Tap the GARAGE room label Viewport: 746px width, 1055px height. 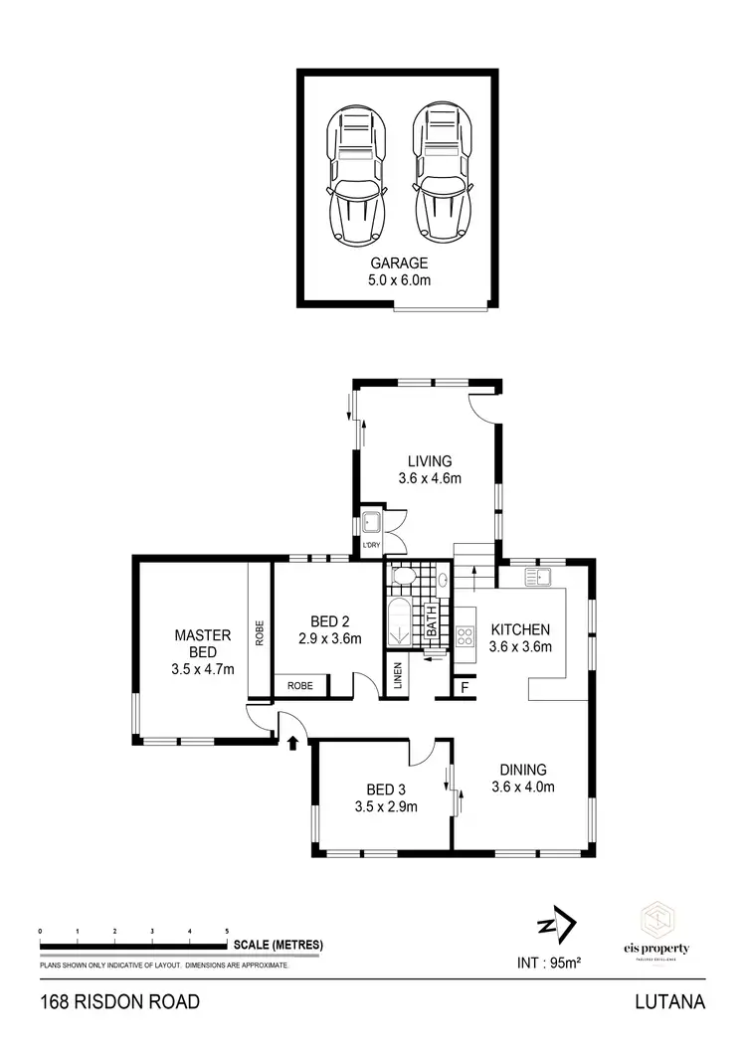399,264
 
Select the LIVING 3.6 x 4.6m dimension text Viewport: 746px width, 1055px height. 430,478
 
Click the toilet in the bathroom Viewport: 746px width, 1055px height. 404,578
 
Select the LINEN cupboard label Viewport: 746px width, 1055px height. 397,676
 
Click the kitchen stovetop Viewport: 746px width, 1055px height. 466,634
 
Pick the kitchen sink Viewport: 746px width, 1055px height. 537,575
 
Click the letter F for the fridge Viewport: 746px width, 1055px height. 465,687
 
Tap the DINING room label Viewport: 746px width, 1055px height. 522,770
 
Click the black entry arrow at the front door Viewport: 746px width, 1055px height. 293,742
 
